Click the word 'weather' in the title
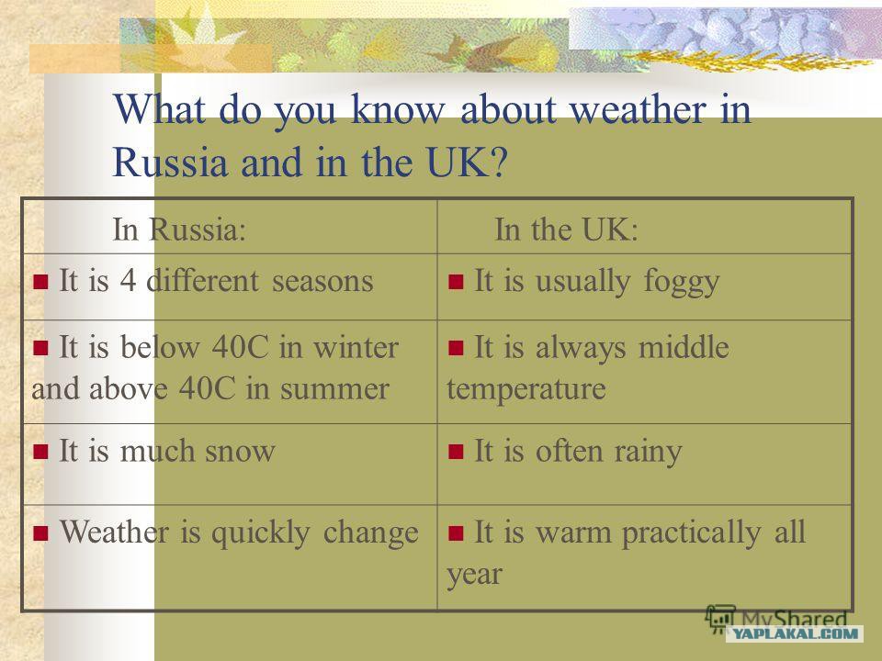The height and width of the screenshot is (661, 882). (x=638, y=109)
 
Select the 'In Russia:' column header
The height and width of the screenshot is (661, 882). (x=179, y=230)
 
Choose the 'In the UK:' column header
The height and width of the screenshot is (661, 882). (x=566, y=230)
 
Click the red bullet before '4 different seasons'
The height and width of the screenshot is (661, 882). (x=40, y=281)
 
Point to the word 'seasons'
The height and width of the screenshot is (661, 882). (x=322, y=281)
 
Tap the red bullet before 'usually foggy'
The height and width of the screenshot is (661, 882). (x=456, y=281)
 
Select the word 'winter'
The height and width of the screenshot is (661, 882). (x=356, y=347)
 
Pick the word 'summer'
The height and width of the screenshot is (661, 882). (x=334, y=389)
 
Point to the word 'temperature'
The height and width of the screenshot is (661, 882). (x=526, y=389)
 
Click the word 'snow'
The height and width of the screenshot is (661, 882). (x=240, y=451)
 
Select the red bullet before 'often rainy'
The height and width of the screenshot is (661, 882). (x=456, y=452)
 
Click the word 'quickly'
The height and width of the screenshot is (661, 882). (x=260, y=532)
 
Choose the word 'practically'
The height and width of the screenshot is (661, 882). (x=691, y=532)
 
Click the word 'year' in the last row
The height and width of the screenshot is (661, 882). (x=474, y=575)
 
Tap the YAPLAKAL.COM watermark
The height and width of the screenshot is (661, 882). (x=794, y=633)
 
